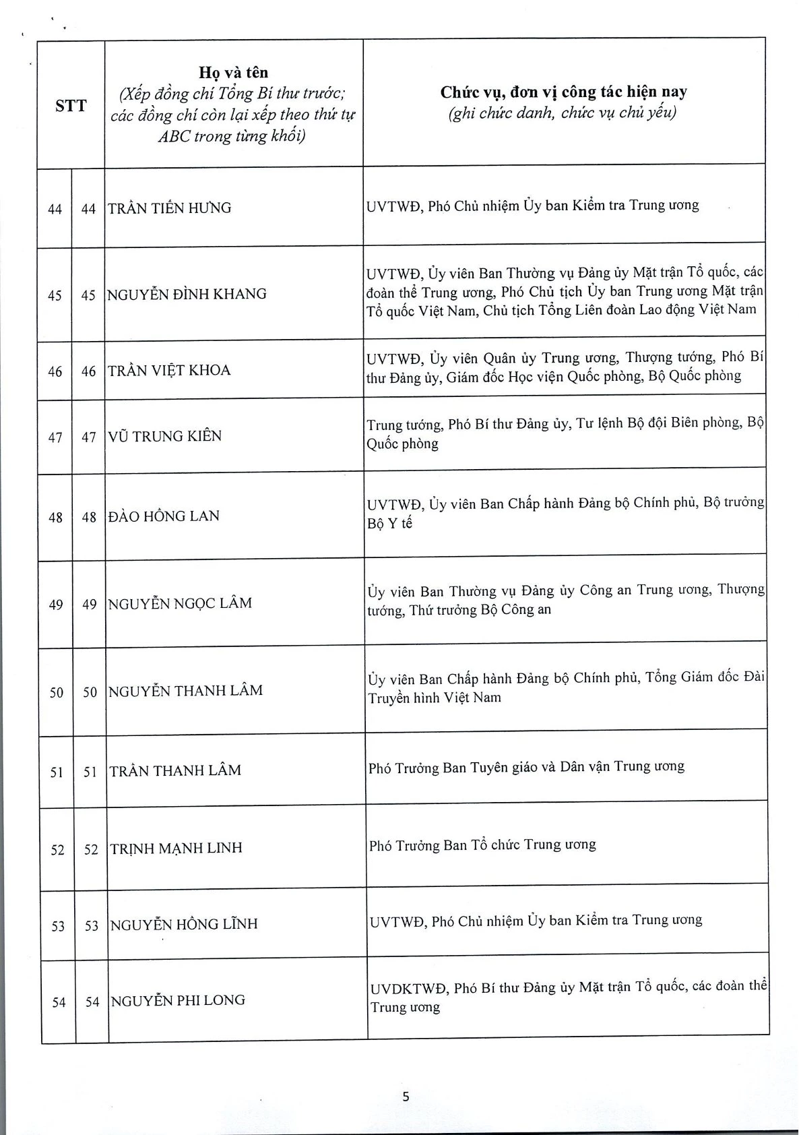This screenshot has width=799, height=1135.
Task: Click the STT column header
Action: point(71,105)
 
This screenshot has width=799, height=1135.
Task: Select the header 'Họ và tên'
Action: point(233,72)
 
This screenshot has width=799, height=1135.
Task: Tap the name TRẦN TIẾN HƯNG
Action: point(170,208)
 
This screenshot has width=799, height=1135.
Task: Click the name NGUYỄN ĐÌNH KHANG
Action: point(187,295)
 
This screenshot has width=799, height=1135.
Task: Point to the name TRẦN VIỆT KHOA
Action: point(170,371)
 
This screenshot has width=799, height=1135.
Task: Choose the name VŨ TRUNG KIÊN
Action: point(165,437)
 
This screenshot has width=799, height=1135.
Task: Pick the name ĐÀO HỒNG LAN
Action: point(164,516)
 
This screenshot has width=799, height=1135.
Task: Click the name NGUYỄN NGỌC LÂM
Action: point(181,603)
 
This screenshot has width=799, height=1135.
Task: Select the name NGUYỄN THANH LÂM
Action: point(186,691)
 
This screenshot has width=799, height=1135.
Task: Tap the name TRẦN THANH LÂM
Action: point(175,770)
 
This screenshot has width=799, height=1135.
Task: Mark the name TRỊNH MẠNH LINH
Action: point(177,848)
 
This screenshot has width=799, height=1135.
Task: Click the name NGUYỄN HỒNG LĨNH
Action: point(184,924)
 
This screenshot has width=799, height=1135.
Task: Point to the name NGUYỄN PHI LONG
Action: point(178,1000)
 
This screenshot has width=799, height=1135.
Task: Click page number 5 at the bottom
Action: point(406,1097)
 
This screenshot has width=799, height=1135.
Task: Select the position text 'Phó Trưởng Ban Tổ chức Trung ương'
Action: point(482,845)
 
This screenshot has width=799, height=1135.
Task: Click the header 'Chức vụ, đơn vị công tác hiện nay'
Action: point(563,92)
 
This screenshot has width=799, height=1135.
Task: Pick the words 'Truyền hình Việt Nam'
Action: point(435,698)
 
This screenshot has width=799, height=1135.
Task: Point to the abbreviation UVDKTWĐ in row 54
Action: point(408,989)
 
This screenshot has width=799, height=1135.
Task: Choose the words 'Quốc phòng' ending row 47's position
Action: point(402,444)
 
